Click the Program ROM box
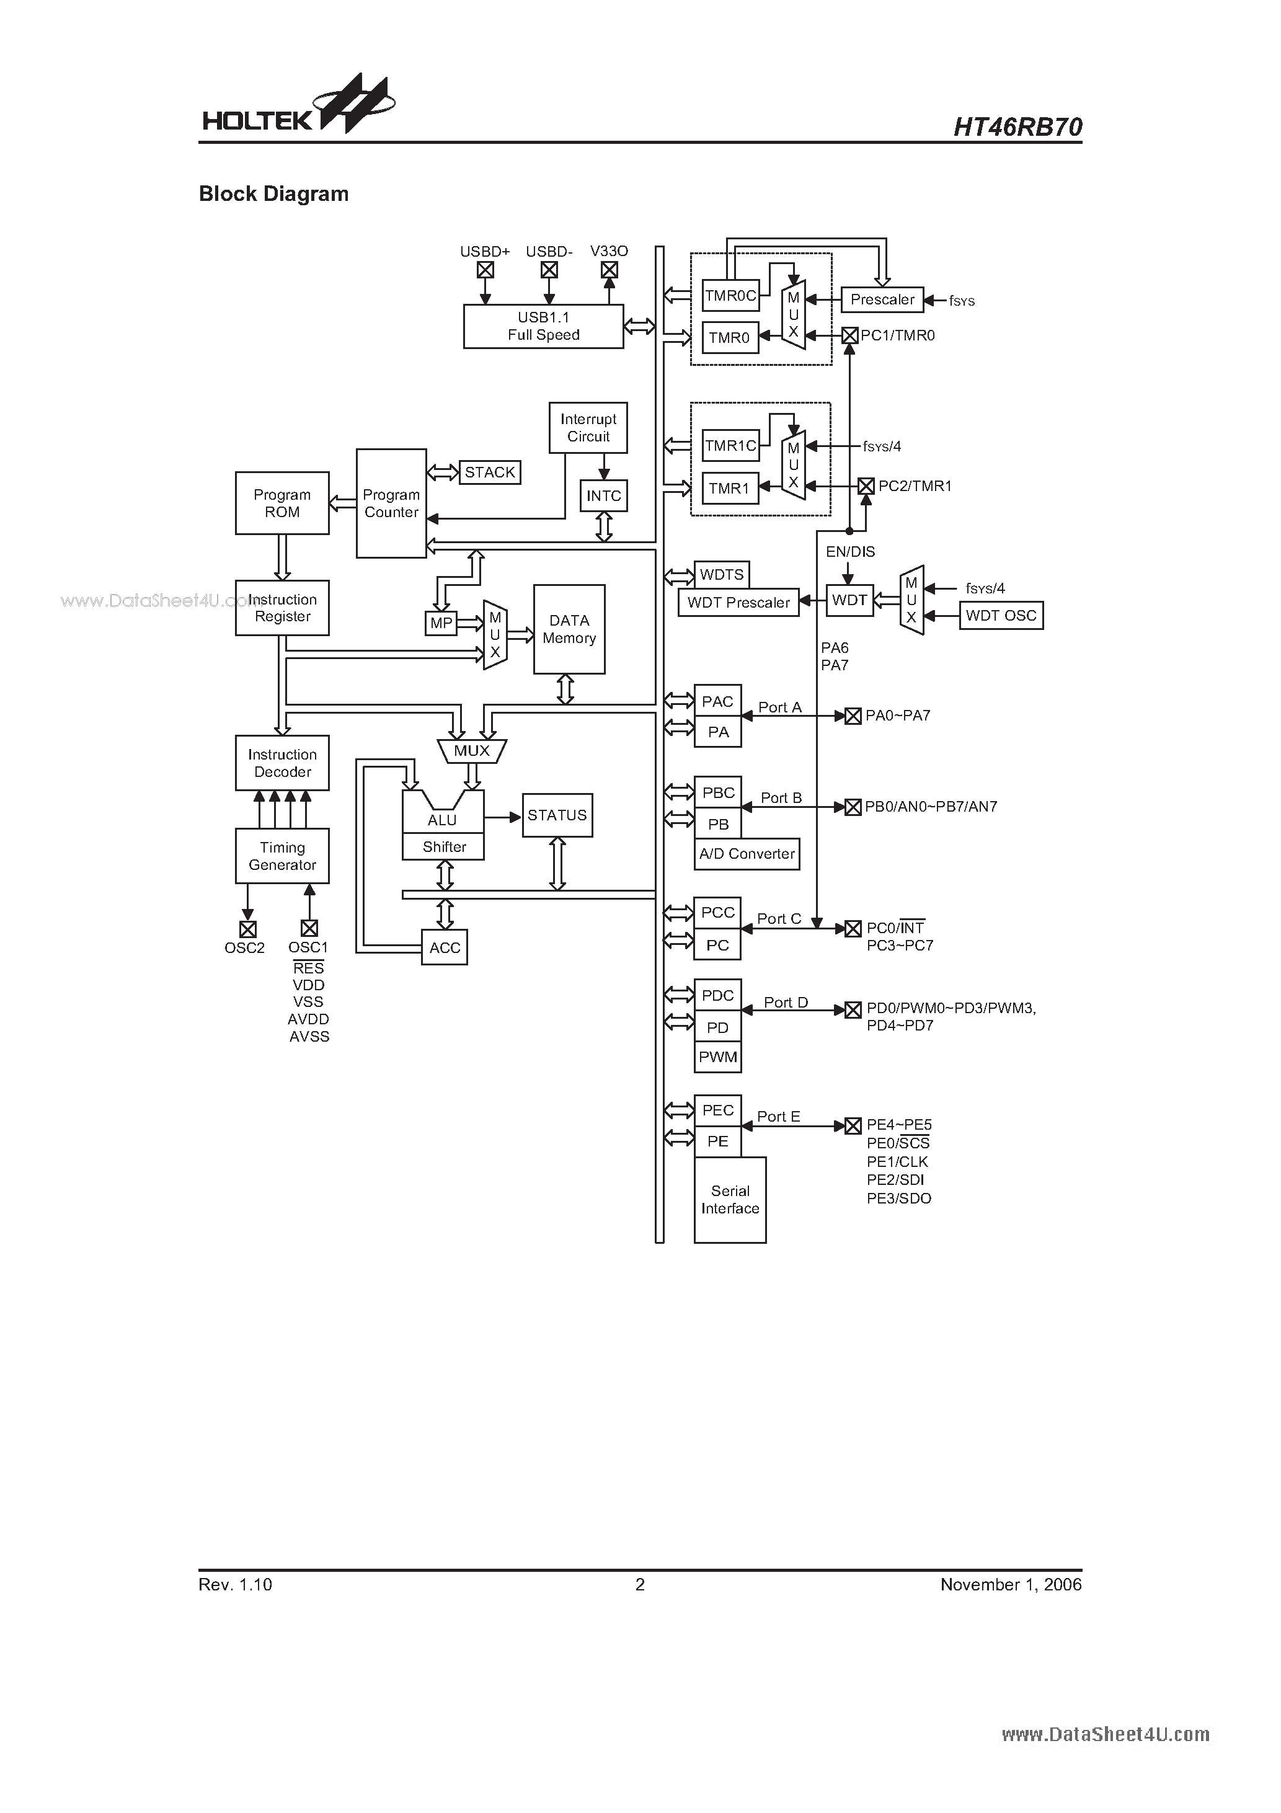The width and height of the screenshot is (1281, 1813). coord(282,503)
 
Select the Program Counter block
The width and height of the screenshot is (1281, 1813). coord(391,503)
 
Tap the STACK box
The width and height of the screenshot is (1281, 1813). coord(490,472)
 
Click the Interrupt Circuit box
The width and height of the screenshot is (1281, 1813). coord(588,427)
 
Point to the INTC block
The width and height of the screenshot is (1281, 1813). coord(603,496)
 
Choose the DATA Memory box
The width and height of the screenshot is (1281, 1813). coord(569,629)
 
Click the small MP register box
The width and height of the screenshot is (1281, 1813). coord(441,623)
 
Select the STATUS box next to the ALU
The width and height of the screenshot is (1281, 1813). coord(557,815)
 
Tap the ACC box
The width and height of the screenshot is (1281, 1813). coord(445,947)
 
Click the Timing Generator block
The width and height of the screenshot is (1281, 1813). coord(282,856)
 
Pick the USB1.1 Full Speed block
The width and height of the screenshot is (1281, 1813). coord(543,326)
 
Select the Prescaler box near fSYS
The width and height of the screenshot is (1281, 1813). coord(882,299)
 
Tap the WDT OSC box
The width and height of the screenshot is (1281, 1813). coord(1001,615)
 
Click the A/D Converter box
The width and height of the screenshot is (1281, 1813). coord(747,854)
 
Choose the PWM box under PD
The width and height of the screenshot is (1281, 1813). coord(718,1057)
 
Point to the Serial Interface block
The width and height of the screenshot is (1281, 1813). coord(730,1199)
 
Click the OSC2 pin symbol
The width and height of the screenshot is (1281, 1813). coord(247,929)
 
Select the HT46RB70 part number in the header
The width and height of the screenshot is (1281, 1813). coord(1017,126)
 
